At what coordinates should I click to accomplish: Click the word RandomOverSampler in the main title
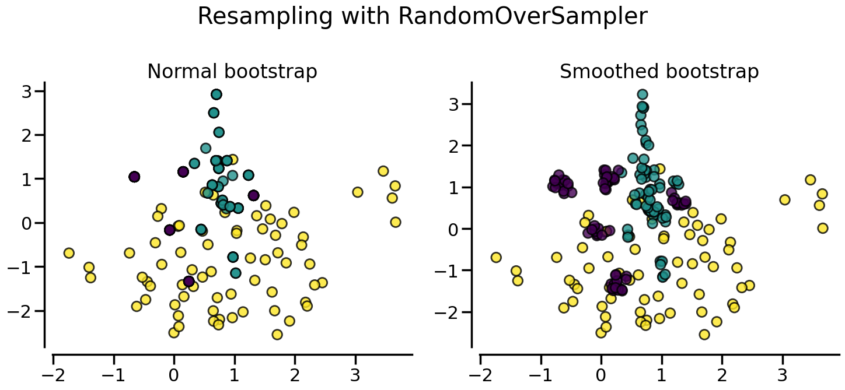pyautogui.click(x=522, y=16)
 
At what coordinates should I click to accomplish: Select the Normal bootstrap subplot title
pyautogui.click(x=232, y=72)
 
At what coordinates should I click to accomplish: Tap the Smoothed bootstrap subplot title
pyautogui.click(x=659, y=72)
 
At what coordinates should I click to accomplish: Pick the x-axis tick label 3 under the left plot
pyautogui.click(x=355, y=373)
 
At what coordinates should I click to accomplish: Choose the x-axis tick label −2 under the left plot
pyautogui.click(x=53, y=373)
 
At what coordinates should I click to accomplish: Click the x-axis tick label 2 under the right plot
pyautogui.click(x=722, y=373)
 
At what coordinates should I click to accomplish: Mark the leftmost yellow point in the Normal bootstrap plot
pyautogui.click(x=69, y=253)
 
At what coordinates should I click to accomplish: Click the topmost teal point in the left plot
pyautogui.click(x=217, y=94)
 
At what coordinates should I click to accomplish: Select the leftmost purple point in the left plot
pyautogui.click(x=134, y=177)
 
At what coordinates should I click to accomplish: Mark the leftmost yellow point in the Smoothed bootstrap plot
pyautogui.click(x=496, y=257)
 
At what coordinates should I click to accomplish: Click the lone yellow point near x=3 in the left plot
pyautogui.click(x=358, y=192)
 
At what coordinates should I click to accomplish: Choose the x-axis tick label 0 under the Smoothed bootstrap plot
pyautogui.click(x=601, y=373)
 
